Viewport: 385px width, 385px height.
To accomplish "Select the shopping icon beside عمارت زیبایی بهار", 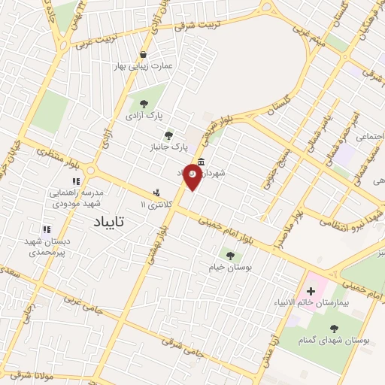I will tap(144, 54).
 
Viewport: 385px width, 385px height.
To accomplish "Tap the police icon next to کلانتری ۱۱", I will tap(156, 192).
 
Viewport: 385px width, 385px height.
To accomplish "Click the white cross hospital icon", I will tap(311, 290).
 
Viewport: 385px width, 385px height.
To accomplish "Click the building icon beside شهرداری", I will tap(201, 162).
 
